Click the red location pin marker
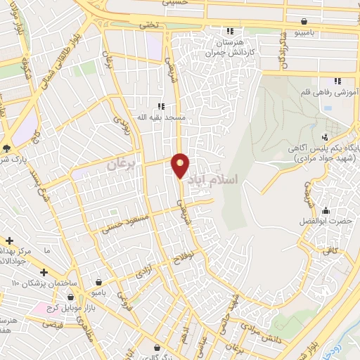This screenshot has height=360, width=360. [x=181, y=165]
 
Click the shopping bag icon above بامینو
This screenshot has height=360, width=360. [x=303, y=22]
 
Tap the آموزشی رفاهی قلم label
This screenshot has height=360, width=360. [x=331, y=92]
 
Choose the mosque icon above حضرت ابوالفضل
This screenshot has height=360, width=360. [x=326, y=210]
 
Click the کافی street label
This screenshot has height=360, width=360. [x=332, y=250]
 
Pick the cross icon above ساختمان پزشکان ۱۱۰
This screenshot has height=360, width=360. [x=44, y=271]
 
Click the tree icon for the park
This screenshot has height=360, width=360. [x=6, y=148]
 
